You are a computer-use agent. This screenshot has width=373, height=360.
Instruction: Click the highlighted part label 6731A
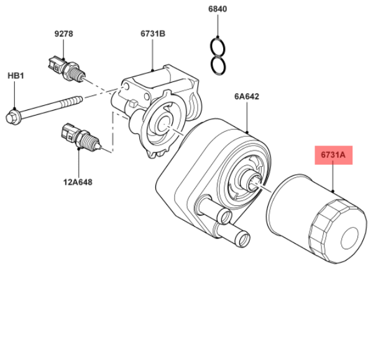click(333, 155)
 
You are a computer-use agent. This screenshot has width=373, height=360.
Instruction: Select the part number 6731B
click(153, 34)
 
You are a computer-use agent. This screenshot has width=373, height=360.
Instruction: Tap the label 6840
click(218, 9)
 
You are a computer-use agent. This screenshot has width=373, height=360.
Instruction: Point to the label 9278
click(63, 34)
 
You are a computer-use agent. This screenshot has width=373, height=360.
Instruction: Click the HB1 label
click(16, 76)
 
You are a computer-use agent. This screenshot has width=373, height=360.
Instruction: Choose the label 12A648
click(78, 182)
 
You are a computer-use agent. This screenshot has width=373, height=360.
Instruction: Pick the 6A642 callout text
click(246, 96)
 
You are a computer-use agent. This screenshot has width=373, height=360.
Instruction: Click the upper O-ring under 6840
click(218, 47)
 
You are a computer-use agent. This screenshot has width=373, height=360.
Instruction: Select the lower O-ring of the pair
click(218, 66)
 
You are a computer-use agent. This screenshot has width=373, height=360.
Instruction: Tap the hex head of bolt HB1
click(12, 117)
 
